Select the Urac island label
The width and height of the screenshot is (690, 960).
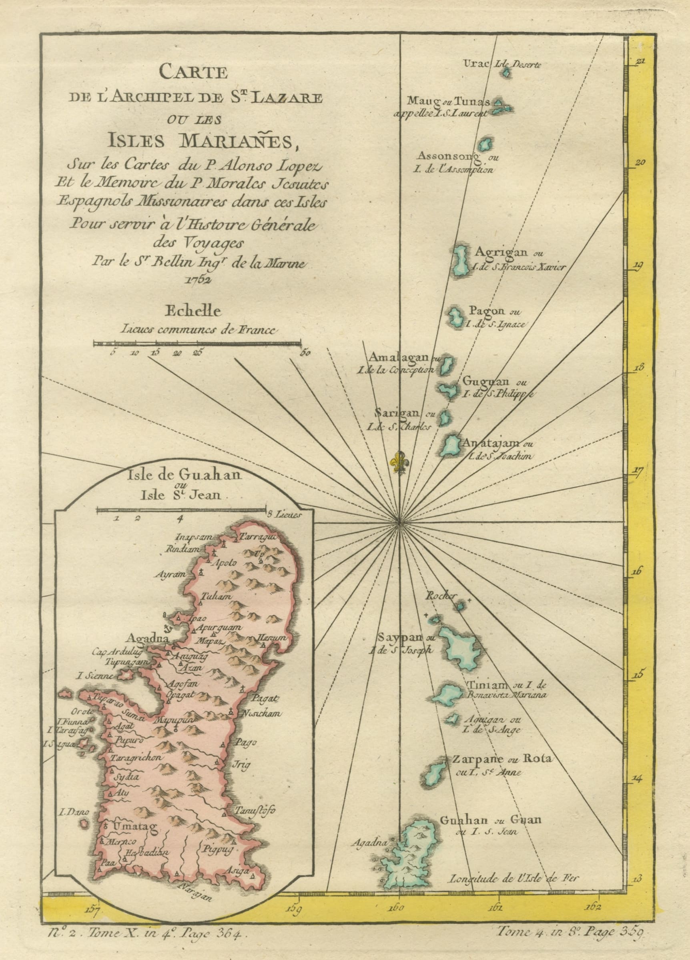click(477, 64)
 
